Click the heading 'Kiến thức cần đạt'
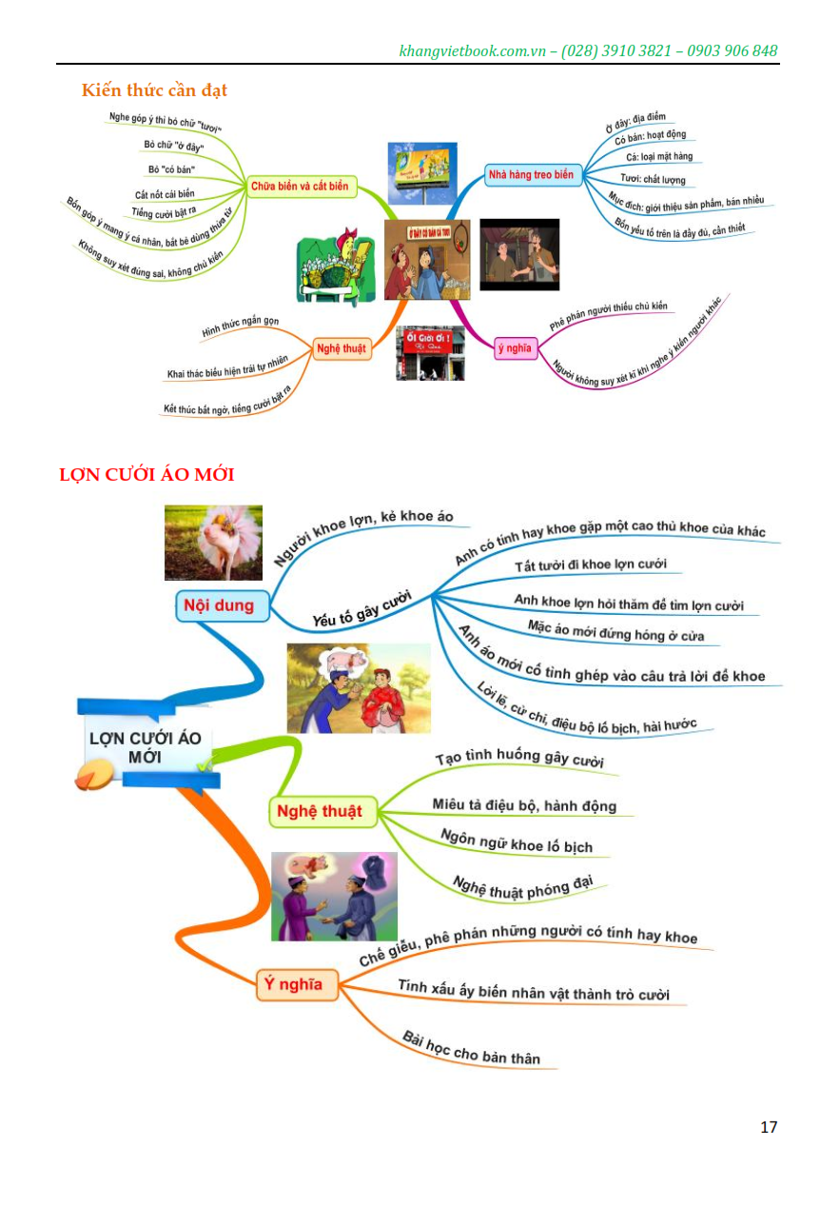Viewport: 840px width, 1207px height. (154, 90)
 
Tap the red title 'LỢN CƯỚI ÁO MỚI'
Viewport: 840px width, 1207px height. (146, 474)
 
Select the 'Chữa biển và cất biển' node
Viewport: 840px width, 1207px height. (299, 187)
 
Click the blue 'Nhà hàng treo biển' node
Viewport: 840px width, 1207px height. (531, 175)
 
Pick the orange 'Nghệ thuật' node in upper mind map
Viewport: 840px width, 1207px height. (341, 348)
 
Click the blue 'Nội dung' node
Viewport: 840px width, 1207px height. (219, 605)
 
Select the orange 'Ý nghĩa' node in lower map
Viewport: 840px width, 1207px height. (294, 984)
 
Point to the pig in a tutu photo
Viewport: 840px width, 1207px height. (213, 543)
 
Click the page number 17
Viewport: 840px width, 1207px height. (769, 1127)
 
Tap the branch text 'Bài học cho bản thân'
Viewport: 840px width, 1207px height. (470, 1048)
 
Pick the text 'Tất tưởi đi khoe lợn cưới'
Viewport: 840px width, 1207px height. (591, 565)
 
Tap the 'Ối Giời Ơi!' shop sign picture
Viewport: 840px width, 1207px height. (429, 353)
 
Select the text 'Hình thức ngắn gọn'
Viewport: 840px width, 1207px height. (241, 326)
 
